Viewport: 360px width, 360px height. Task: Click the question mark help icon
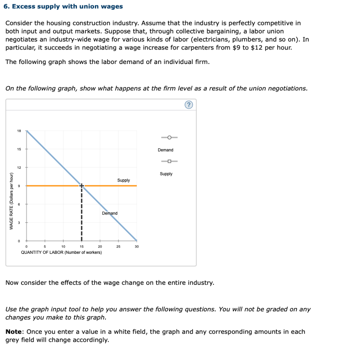[189, 105]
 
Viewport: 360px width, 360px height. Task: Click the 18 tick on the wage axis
[19, 131]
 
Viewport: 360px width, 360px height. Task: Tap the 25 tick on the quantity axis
[118, 247]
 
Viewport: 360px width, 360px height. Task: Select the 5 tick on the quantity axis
[45, 247]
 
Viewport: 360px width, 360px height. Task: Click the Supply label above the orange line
[123, 180]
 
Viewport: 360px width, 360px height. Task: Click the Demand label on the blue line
[110, 213]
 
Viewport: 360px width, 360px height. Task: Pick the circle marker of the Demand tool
[169, 137]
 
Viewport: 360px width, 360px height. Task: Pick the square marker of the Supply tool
[169, 161]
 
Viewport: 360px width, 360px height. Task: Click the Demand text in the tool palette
[166, 150]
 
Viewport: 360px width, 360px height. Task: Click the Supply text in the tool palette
[166, 174]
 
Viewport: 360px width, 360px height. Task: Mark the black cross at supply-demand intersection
[82, 185]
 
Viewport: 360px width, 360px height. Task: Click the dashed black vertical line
[82, 214]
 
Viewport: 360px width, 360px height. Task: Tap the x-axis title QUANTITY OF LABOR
[62, 252]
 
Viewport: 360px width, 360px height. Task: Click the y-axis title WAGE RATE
[11, 201]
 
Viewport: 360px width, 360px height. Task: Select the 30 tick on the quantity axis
[137, 247]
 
